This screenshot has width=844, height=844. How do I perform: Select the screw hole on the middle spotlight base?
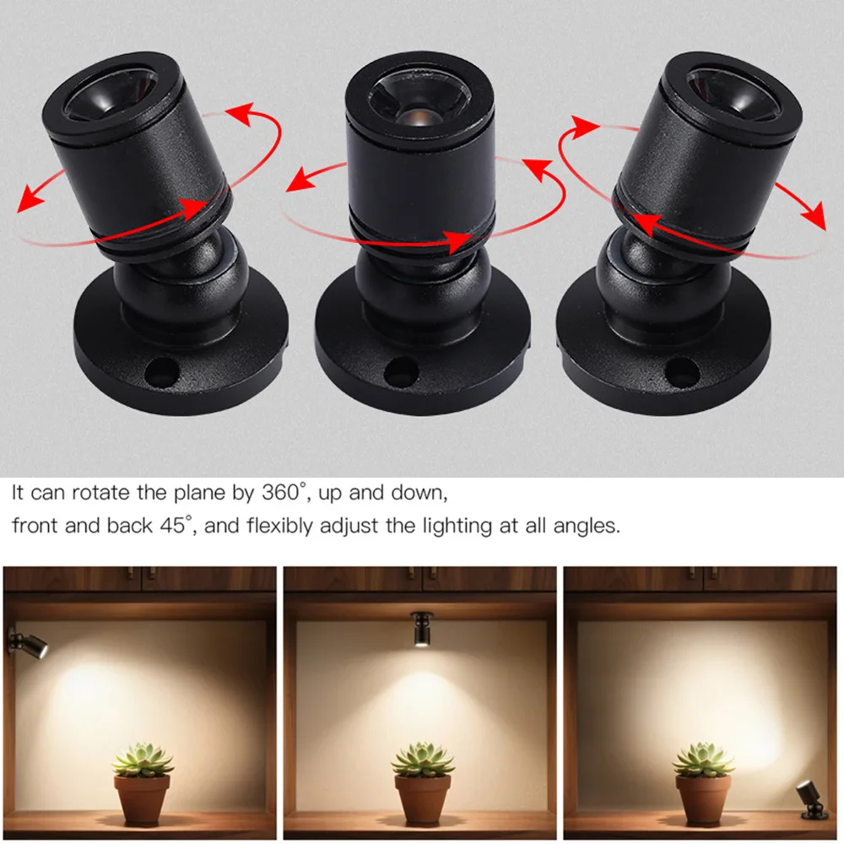400,370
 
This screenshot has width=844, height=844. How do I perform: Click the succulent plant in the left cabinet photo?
143,759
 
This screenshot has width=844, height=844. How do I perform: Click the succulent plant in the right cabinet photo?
703,760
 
